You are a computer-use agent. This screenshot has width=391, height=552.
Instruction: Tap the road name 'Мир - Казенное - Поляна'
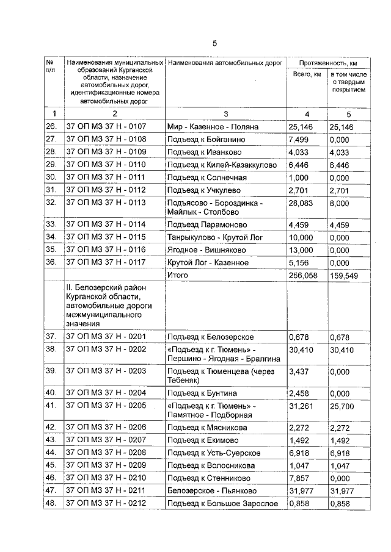[213, 127]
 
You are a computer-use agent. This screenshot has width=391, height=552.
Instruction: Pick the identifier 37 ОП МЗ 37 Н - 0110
[106, 165]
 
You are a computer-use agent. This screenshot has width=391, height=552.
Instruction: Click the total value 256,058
[304, 275]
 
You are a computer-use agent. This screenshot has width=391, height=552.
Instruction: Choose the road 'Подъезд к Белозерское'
[210, 337]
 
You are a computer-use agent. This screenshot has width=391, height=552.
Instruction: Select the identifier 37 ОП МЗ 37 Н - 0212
[106, 503]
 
